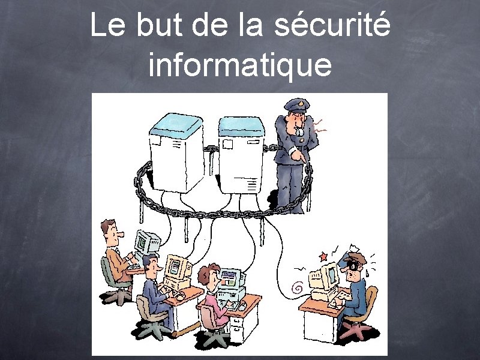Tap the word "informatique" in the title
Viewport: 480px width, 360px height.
tap(239, 65)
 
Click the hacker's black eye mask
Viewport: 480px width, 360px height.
tap(354, 265)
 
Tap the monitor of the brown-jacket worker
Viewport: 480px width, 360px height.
tap(145, 243)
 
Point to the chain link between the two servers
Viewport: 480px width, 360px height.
tap(211, 148)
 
